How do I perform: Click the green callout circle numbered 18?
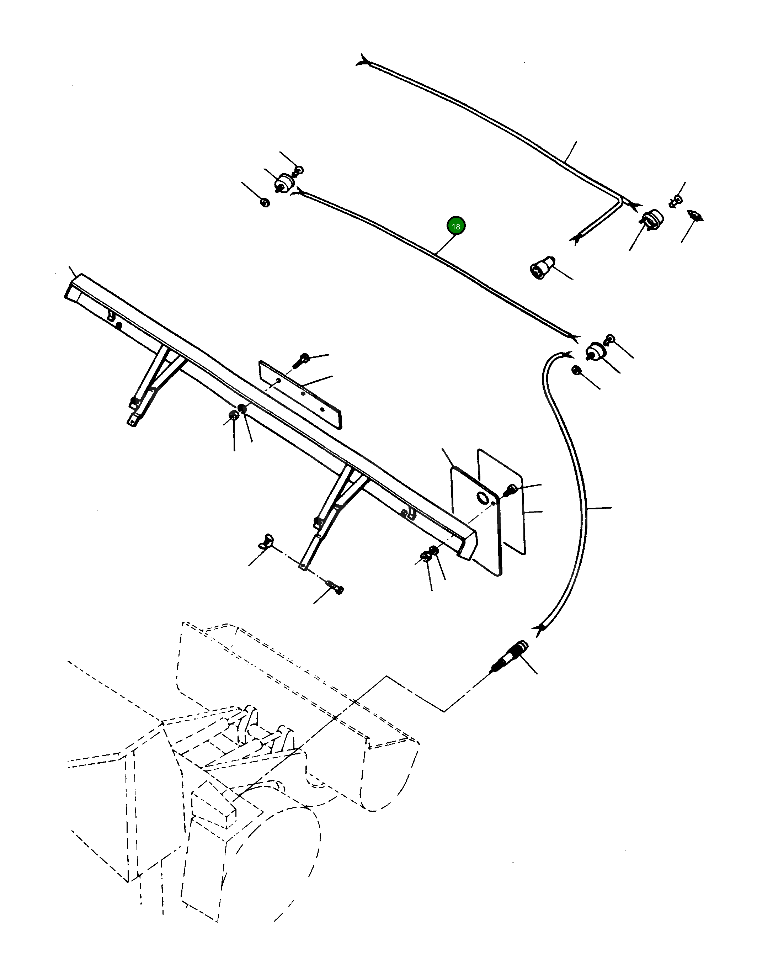pyautogui.click(x=455, y=227)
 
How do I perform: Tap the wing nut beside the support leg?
pyautogui.click(x=267, y=539)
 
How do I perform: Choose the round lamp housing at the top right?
pyautogui.click(x=652, y=219)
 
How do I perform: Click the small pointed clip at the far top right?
pyautogui.click(x=695, y=216)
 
